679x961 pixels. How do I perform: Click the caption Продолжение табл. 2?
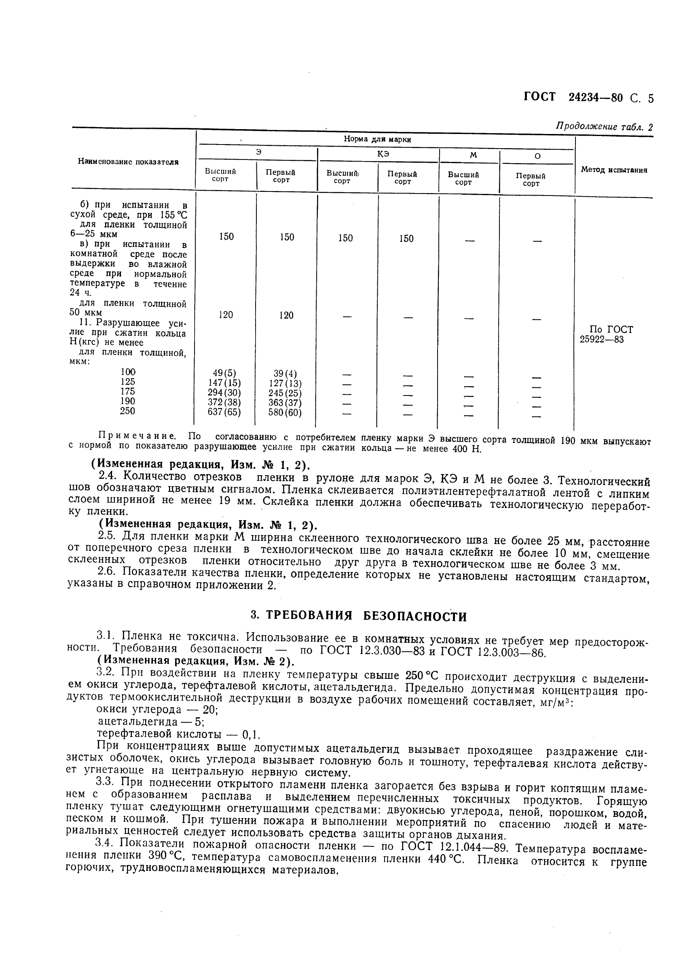click(x=604, y=127)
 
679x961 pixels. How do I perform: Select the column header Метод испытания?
click(x=614, y=170)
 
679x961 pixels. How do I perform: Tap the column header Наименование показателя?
click(x=128, y=162)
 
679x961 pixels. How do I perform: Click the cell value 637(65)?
click(x=224, y=411)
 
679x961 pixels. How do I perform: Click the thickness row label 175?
click(x=127, y=391)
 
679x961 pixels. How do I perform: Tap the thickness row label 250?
click(x=127, y=410)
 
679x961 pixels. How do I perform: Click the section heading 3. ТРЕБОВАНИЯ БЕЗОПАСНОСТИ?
click(x=358, y=616)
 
